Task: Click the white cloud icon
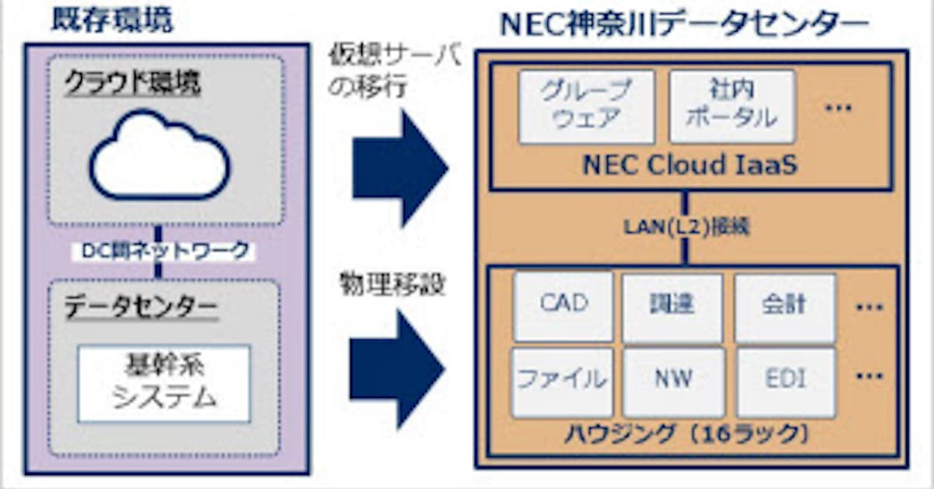(x=160, y=156)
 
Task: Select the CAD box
(x=564, y=305)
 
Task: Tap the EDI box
(x=785, y=381)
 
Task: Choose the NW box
(x=673, y=381)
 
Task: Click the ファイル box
(x=562, y=381)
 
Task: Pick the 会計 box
(x=785, y=305)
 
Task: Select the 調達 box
(x=673, y=305)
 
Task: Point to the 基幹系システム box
(x=163, y=383)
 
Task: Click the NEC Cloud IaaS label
(x=690, y=166)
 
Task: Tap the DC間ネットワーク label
(x=165, y=251)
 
